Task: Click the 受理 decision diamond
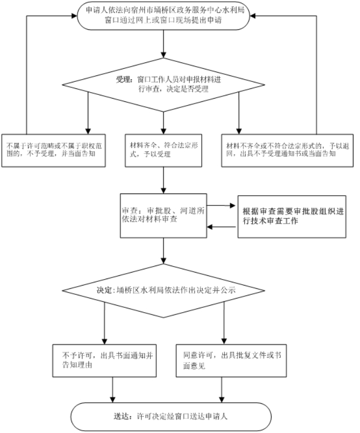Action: pos(163,85)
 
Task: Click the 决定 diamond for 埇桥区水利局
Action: pos(163,290)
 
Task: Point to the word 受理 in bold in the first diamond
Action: pos(124,79)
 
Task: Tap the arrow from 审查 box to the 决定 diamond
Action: pos(163,251)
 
